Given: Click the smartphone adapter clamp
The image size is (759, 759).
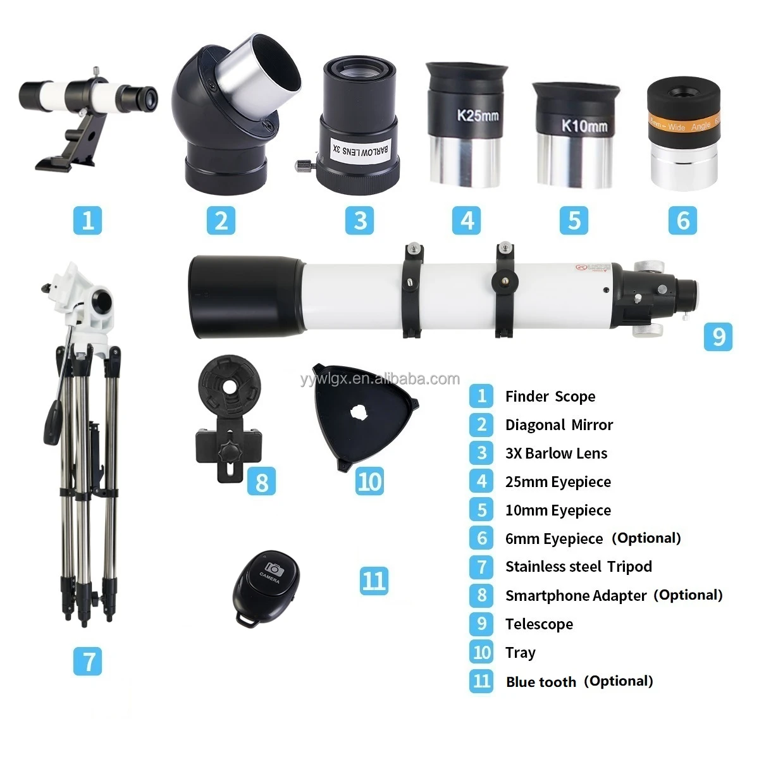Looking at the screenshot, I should pos(228,417).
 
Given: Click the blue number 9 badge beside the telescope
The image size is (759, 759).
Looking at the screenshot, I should pos(718,336).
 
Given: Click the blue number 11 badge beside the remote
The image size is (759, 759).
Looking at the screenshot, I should pos(373,580).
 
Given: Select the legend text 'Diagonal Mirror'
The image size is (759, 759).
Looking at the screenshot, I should pos(558,425).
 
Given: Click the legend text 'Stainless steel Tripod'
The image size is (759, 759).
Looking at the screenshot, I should pos(578,567).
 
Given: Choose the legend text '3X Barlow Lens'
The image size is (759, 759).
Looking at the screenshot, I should pos(556,454).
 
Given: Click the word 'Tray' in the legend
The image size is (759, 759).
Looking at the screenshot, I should pos(520,652).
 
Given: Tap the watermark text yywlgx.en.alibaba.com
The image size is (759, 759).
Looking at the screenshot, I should pos(379,379).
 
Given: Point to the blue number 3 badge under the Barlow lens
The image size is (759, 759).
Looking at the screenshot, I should pos(360,221).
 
